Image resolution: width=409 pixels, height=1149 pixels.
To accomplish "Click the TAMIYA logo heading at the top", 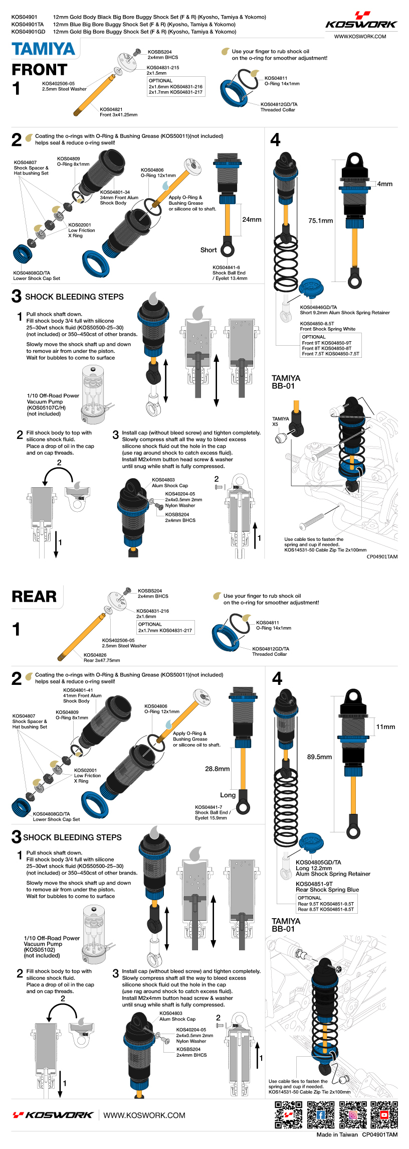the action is click(x=44, y=49).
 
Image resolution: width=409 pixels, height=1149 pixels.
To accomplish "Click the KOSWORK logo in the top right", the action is click(x=361, y=20).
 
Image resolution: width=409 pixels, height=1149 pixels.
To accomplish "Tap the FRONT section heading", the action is click(x=40, y=70).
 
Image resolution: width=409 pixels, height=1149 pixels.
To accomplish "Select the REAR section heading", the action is click(x=34, y=596).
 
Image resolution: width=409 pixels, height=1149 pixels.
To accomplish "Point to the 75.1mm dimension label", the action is click(x=320, y=220).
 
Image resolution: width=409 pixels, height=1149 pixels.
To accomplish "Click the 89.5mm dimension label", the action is click(x=319, y=757).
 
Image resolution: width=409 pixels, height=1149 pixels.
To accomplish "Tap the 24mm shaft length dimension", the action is click(x=252, y=219).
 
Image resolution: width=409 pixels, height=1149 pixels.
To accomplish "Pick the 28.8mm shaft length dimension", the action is click(x=217, y=768).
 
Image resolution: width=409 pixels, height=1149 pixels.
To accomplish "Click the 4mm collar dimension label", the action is click(x=385, y=184).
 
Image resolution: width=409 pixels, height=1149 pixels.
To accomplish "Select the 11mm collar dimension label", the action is click(x=385, y=727).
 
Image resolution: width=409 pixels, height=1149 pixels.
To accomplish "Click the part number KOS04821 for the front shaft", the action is click(x=111, y=109).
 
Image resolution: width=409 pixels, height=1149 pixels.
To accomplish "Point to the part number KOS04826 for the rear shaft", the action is click(x=95, y=655).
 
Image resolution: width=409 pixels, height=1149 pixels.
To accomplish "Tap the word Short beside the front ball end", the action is click(x=209, y=250).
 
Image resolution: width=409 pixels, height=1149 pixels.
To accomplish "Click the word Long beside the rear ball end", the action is click(x=228, y=795).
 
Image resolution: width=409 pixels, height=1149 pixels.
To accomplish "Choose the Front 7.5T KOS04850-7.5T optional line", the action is click(x=330, y=354).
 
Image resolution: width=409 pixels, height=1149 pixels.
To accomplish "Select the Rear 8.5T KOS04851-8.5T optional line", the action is click(x=326, y=909).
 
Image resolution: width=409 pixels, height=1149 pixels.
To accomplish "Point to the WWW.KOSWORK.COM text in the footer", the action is click(x=144, y=1115).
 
